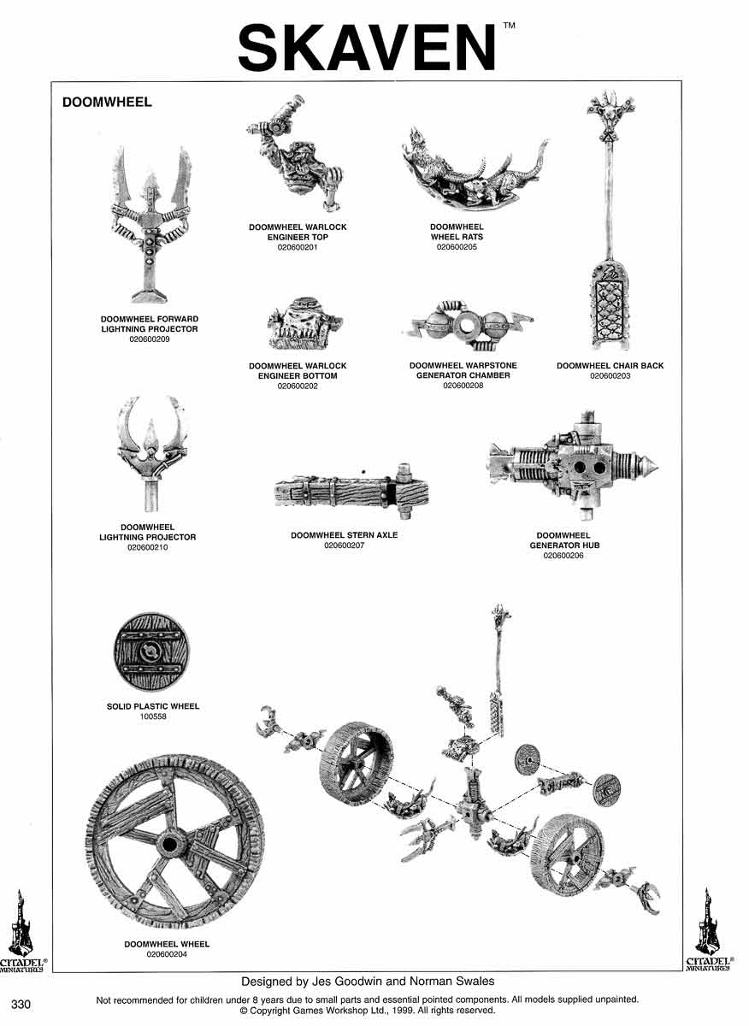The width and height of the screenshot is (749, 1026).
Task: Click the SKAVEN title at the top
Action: click(367, 48)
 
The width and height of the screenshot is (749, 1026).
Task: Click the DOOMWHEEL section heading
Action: click(107, 102)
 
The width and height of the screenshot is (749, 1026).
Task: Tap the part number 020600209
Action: click(150, 339)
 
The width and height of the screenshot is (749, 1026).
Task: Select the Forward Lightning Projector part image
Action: click(150, 224)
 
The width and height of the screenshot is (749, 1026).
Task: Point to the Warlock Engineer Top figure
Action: click(294, 153)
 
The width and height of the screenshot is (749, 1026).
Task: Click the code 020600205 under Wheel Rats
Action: click(457, 247)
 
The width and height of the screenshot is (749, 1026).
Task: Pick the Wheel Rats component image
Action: click(475, 173)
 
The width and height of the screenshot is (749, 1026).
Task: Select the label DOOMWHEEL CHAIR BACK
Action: click(610, 366)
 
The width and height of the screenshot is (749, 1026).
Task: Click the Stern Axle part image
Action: click(351, 492)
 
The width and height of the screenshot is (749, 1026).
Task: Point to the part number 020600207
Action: click(344, 545)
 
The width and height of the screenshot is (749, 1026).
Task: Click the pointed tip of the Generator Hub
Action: click(658, 468)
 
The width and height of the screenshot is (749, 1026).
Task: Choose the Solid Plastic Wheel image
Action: click(151, 652)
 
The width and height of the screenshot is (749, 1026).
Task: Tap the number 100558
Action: click(153, 716)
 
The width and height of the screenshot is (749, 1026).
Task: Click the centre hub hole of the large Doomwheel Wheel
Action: click(170, 843)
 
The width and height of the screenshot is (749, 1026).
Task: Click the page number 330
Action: click(21, 1004)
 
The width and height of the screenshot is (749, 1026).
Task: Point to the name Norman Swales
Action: click(451, 982)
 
